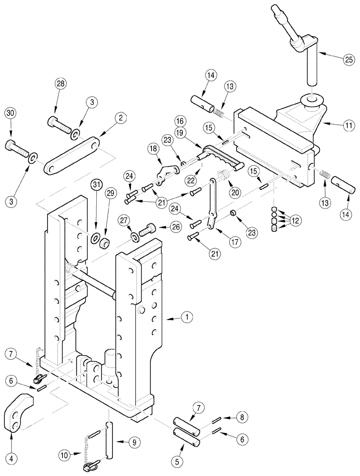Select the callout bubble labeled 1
187,316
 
